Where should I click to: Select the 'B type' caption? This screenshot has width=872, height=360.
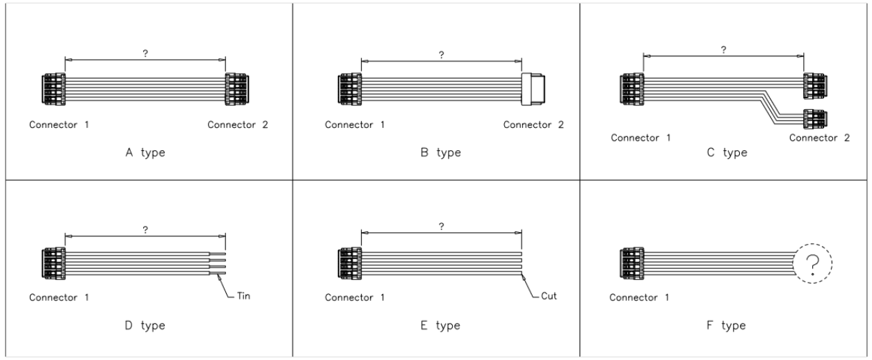click(x=442, y=153)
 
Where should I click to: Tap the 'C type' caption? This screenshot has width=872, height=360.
click(x=727, y=153)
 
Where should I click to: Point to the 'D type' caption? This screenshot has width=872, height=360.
click(x=145, y=325)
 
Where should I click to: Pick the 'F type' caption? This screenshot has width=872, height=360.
click(x=727, y=325)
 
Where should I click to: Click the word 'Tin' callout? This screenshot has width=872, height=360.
click(x=243, y=295)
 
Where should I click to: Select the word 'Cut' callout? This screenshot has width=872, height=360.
click(x=549, y=295)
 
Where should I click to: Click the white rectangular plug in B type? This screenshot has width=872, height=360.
click(x=533, y=90)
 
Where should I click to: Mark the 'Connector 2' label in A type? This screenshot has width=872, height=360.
click(x=237, y=125)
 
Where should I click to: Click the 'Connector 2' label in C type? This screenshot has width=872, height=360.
click(x=819, y=138)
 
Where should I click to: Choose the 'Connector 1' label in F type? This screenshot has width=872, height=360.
click(x=640, y=297)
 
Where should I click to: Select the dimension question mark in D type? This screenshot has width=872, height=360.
click(x=145, y=230)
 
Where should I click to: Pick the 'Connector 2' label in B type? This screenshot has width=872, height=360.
click(x=533, y=125)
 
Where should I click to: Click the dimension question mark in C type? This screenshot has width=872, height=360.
click(x=724, y=49)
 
